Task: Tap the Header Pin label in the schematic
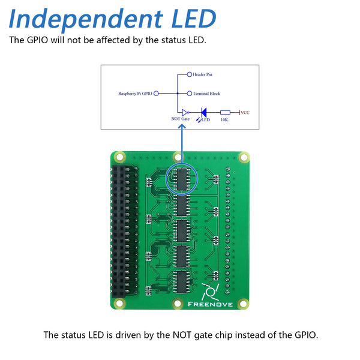pos(203,74)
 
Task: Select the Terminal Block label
pos(206,94)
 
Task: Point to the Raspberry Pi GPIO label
pos(135,94)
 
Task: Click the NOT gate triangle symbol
pos(185,112)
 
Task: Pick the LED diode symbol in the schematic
pos(203,112)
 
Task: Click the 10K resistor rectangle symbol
pos(225,112)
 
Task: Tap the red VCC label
pos(245,112)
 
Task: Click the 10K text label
pos(224,120)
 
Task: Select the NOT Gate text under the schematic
pos(180,120)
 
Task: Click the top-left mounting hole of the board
pos(119,157)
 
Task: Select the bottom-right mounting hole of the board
pos(244,303)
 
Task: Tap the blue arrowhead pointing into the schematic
pos(181,133)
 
